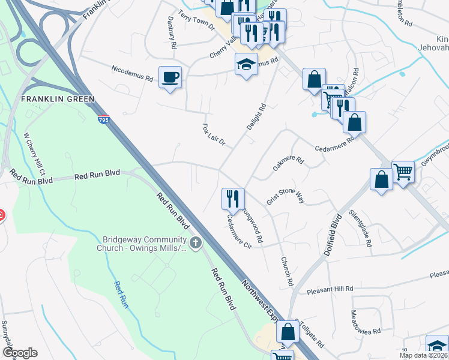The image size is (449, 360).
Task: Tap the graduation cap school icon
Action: tap(246, 64)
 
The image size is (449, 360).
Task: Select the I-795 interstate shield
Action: tap(103, 121)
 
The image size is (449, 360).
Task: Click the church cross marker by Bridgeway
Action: tap(195, 243)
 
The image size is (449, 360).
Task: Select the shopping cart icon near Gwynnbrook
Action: tap(403, 172)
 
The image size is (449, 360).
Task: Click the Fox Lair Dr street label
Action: tap(213, 136)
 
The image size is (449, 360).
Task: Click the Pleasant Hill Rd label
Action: tap(330, 289)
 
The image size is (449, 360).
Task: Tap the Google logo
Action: tap(20, 353)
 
